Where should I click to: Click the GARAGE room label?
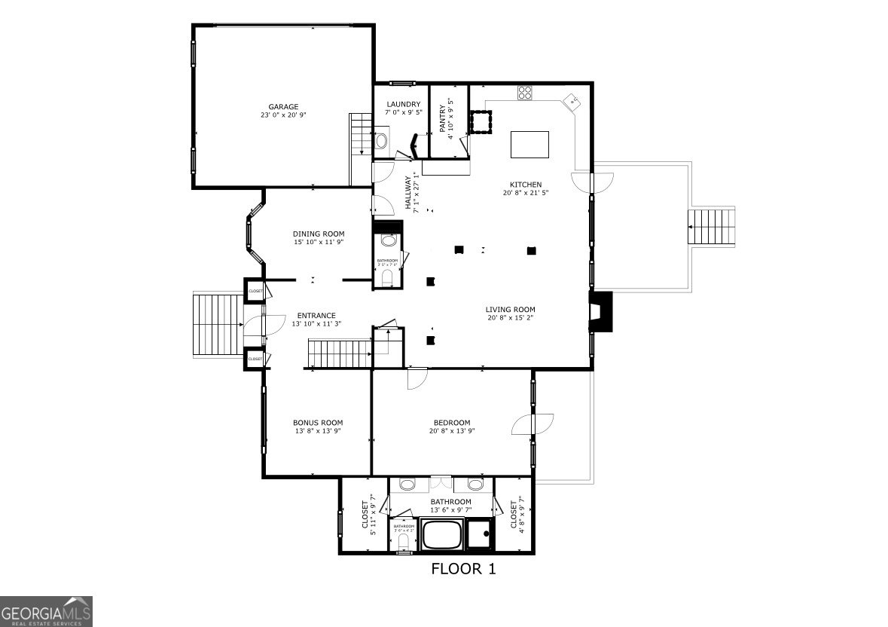(x=284, y=106)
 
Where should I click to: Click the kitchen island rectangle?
(x=529, y=144)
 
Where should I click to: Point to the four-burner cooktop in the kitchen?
(x=525, y=93)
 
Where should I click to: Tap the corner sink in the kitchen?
(x=573, y=100)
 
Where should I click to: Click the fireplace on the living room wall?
(x=601, y=311)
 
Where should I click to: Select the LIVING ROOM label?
(x=510, y=309)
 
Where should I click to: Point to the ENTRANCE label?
(x=316, y=316)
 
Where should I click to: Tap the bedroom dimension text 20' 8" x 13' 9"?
(x=452, y=431)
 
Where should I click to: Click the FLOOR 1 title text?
(x=463, y=569)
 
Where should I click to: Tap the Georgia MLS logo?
(x=46, y=611)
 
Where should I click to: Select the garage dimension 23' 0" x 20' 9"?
(x=284, y=115)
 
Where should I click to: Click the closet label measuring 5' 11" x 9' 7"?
(x=369, y=515)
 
